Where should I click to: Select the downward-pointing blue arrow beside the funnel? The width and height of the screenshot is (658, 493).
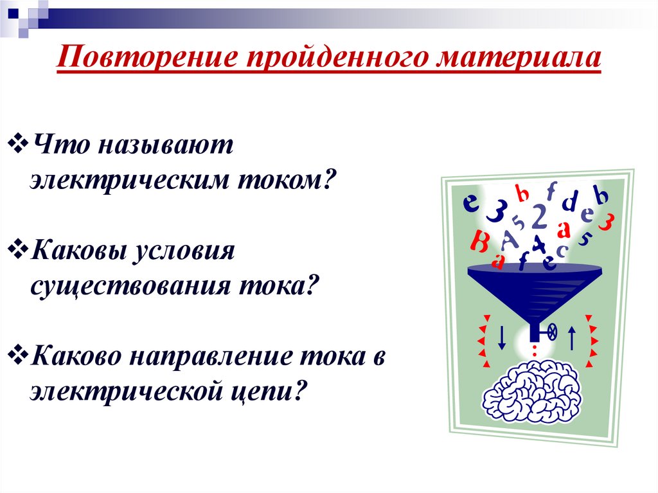(x=502, y=335)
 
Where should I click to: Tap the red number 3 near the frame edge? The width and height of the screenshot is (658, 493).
(x=606, y=222)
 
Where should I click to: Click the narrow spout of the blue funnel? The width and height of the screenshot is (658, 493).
(x=535, y=331)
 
